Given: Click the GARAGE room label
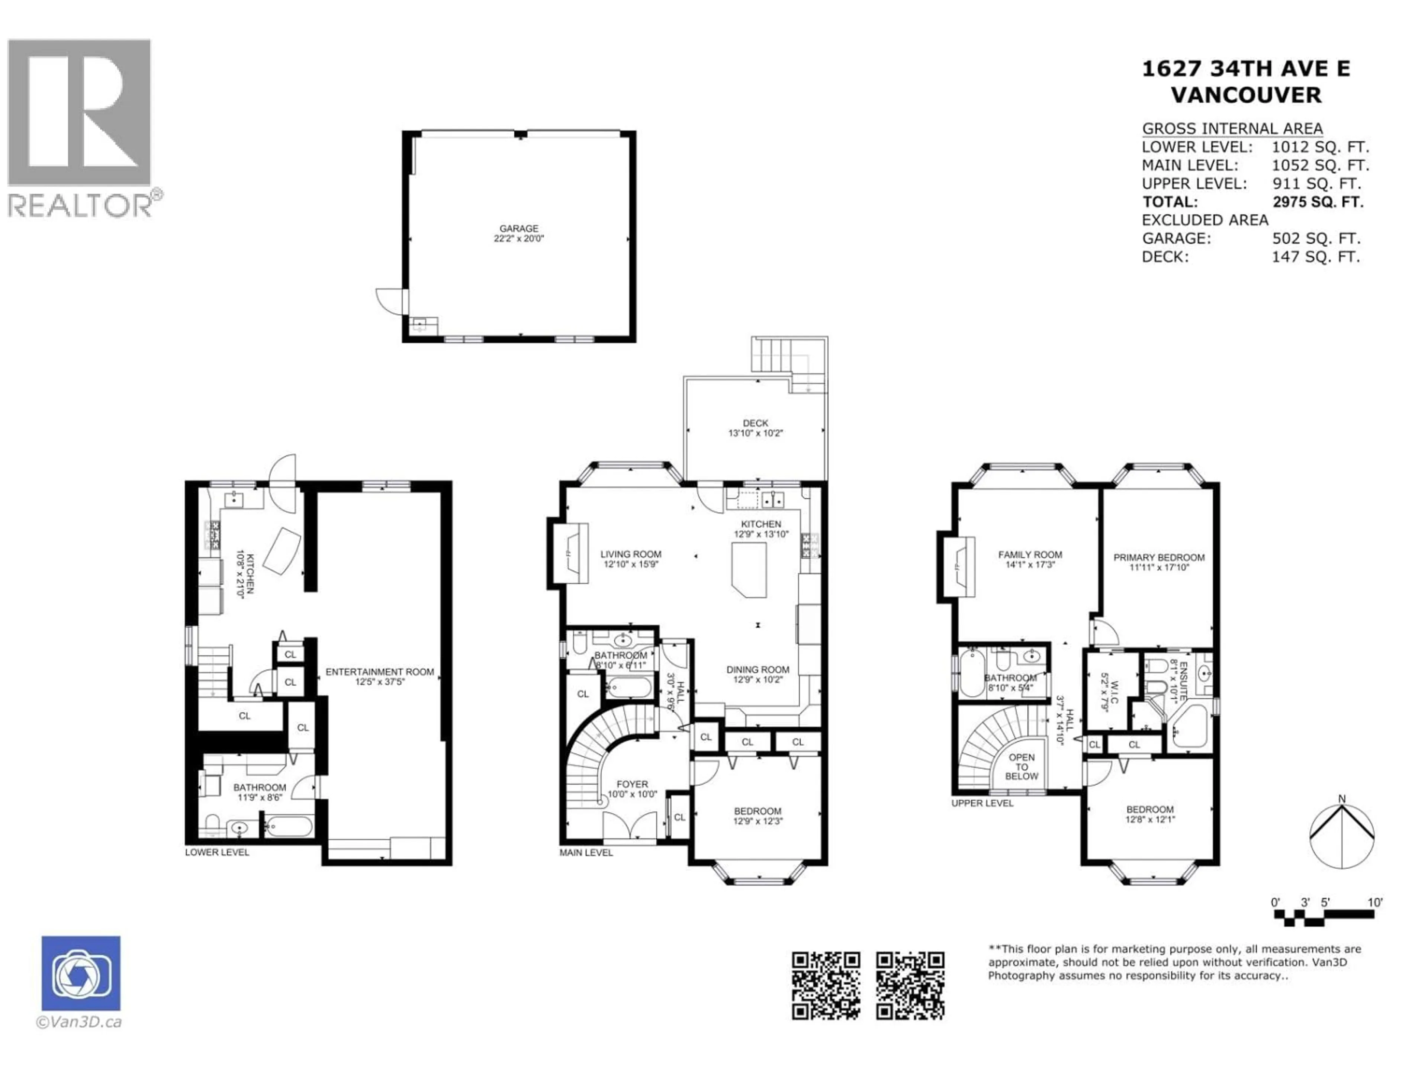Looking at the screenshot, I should click(x=518, y=229).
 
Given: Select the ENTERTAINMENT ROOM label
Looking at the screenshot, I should click(x=380, y=672).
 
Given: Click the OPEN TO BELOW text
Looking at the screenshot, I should click(x=1021, y=767).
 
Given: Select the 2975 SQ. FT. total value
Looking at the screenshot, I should click(x=1318, y=202).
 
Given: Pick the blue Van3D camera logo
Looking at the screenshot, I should click(x=81, y=973).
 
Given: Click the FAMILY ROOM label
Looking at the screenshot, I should click(x=1030, y=554).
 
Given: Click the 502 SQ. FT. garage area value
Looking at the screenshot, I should click(x=1316, y=239).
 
